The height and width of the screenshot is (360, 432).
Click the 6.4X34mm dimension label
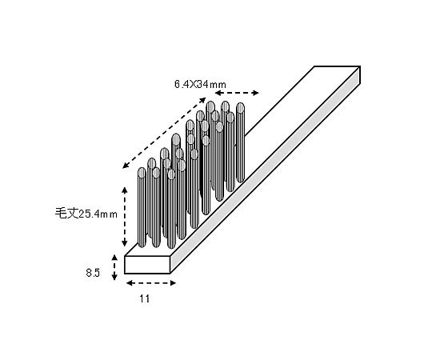point(200,84)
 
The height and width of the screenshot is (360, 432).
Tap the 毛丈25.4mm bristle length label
point(86,213)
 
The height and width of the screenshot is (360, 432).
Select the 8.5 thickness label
point(93,273)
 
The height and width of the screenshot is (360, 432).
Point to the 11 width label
point(144,298)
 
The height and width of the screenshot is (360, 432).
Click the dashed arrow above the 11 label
point(151,283)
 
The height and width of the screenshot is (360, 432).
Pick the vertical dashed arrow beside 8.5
point(114,267)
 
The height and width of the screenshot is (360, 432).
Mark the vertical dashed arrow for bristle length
point(125,216)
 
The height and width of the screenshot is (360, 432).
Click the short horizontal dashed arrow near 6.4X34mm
point(237,93)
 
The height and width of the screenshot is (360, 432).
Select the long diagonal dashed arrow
point(164,133)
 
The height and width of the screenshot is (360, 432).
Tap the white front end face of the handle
point(147,265)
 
